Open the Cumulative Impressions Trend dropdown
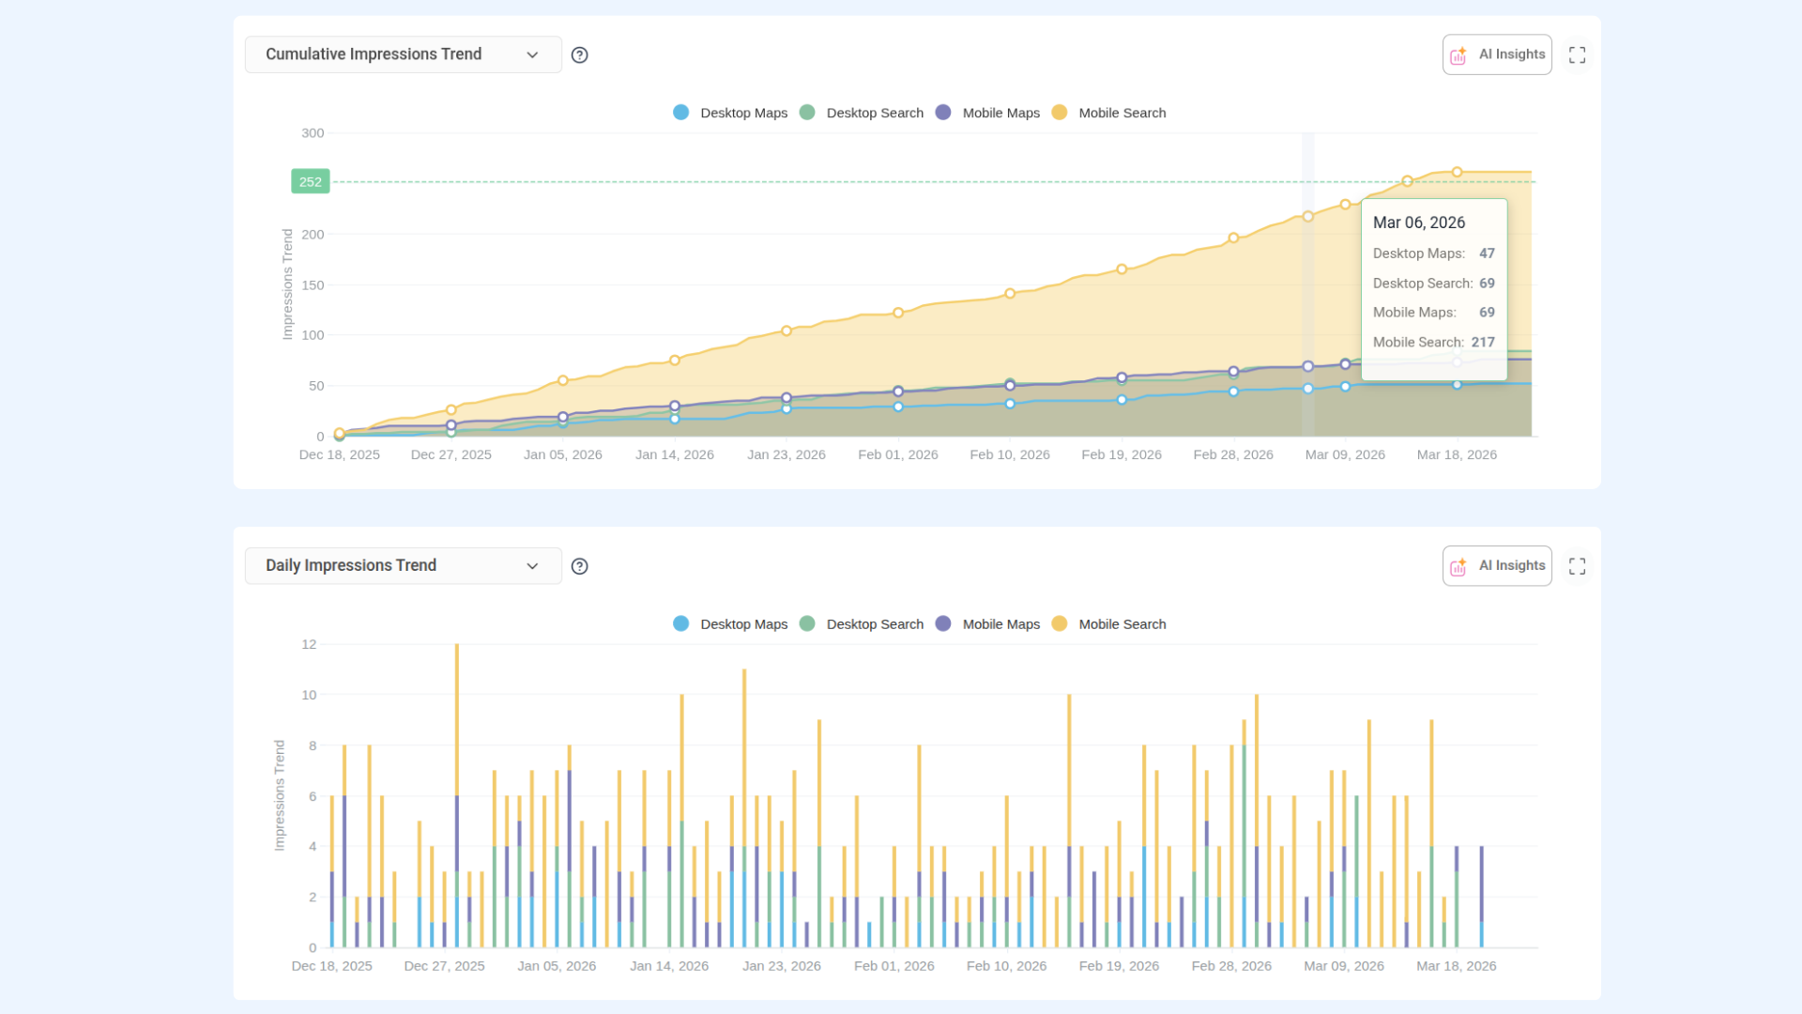coord(403,54)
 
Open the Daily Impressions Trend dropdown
coord(403,566)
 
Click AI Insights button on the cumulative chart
coord(1497,54)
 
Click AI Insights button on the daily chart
coord(1497,566)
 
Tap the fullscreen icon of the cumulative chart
coord(1578,55)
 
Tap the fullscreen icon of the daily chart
coord(1578,566)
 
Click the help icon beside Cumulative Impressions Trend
coord(580,55)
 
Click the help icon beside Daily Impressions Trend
coord(580,566)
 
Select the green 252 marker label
coord(311,182)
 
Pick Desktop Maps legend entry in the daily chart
coord(730,624)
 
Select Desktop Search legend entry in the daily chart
coord(861,624)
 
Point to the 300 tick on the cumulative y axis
coord(313,133)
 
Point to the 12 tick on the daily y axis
coord(309,644)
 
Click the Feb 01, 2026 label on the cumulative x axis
coord(898,454)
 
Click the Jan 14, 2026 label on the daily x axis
coord(669,966)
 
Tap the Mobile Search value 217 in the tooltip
coord(1483,343)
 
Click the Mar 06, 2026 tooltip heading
coord(1419,223)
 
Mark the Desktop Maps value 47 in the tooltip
coord(1487,253)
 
